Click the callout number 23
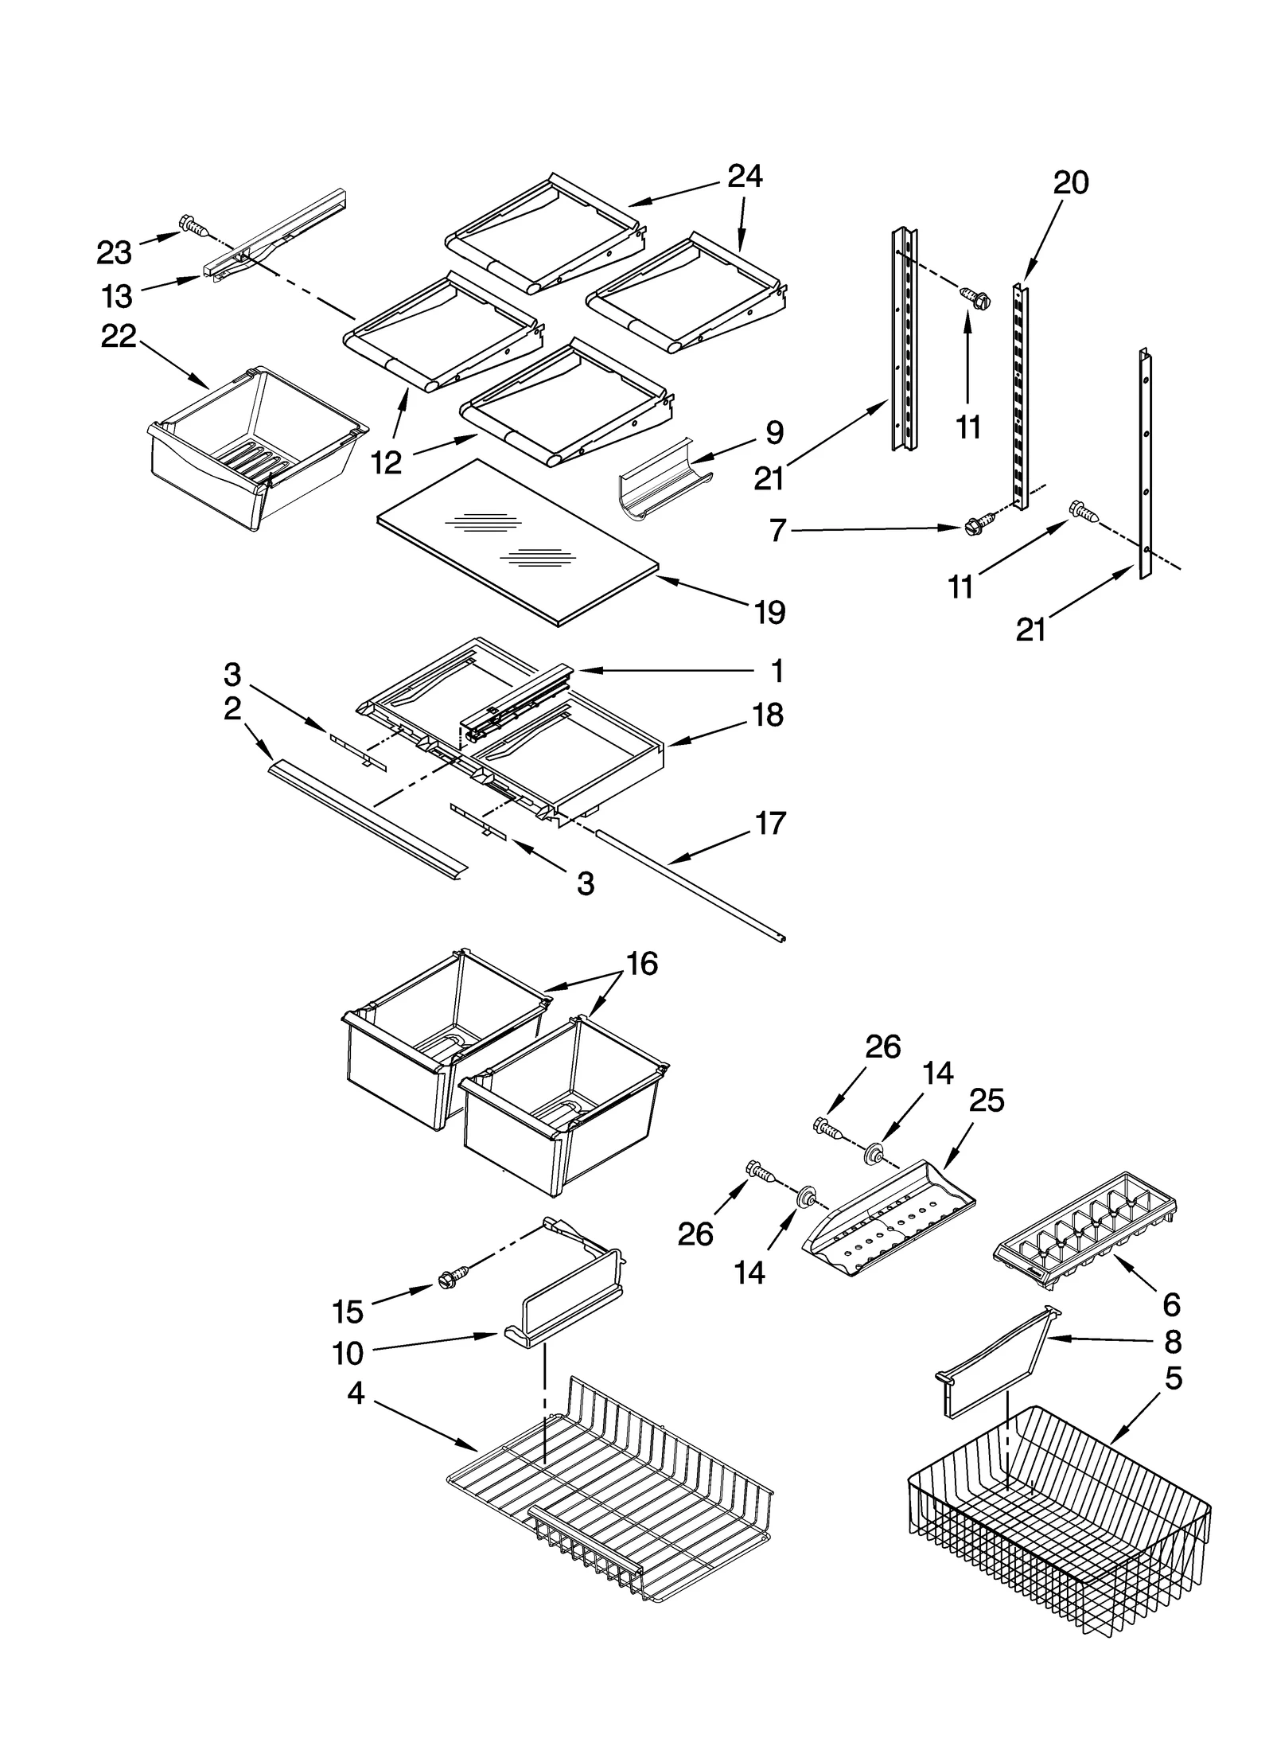(114, 253)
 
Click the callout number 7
(778, 529)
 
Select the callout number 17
(770, 823)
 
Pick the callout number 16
(642, 964)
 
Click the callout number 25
(987, 1100)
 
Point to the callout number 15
(348, 1311)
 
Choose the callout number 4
(356, 1394)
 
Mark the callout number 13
(116, 296)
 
